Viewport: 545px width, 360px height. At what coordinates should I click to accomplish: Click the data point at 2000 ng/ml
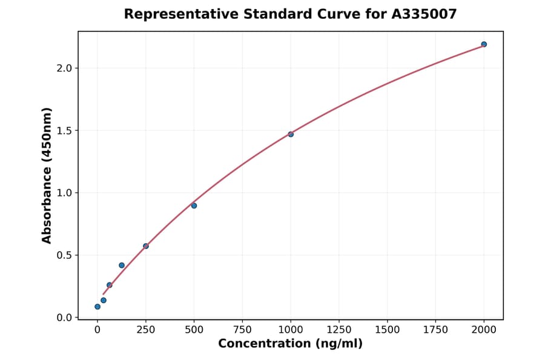(x=484, y=44)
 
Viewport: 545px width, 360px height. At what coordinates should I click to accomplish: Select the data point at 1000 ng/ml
(x=291, y=134)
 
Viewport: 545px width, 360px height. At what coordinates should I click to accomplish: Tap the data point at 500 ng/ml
(x=194, y=205)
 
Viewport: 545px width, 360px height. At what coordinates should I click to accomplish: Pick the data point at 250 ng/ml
(x=146, y=246)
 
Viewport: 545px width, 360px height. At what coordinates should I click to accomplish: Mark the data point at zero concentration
(x=97, y=307)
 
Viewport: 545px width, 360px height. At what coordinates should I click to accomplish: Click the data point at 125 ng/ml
(x=122, y=265)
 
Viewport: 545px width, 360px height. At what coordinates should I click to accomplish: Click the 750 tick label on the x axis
(x=242, y=329)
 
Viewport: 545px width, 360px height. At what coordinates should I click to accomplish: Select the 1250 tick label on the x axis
(x=339, y=329)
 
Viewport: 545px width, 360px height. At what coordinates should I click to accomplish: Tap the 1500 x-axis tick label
(x=387, y=329)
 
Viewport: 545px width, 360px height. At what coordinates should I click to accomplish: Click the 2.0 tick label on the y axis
(x=64, y=68)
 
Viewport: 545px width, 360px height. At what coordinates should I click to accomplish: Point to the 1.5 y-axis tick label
(x=64, y=130)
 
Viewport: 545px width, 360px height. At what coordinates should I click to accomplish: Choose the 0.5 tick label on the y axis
(x=64, y=255)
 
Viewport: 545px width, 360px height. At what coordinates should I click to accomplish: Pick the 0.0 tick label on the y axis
(x=64, y=318)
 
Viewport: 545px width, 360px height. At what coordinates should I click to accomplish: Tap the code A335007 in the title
(x=423, y=14)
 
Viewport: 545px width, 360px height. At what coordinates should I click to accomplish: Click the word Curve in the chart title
(x=335, y=14)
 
